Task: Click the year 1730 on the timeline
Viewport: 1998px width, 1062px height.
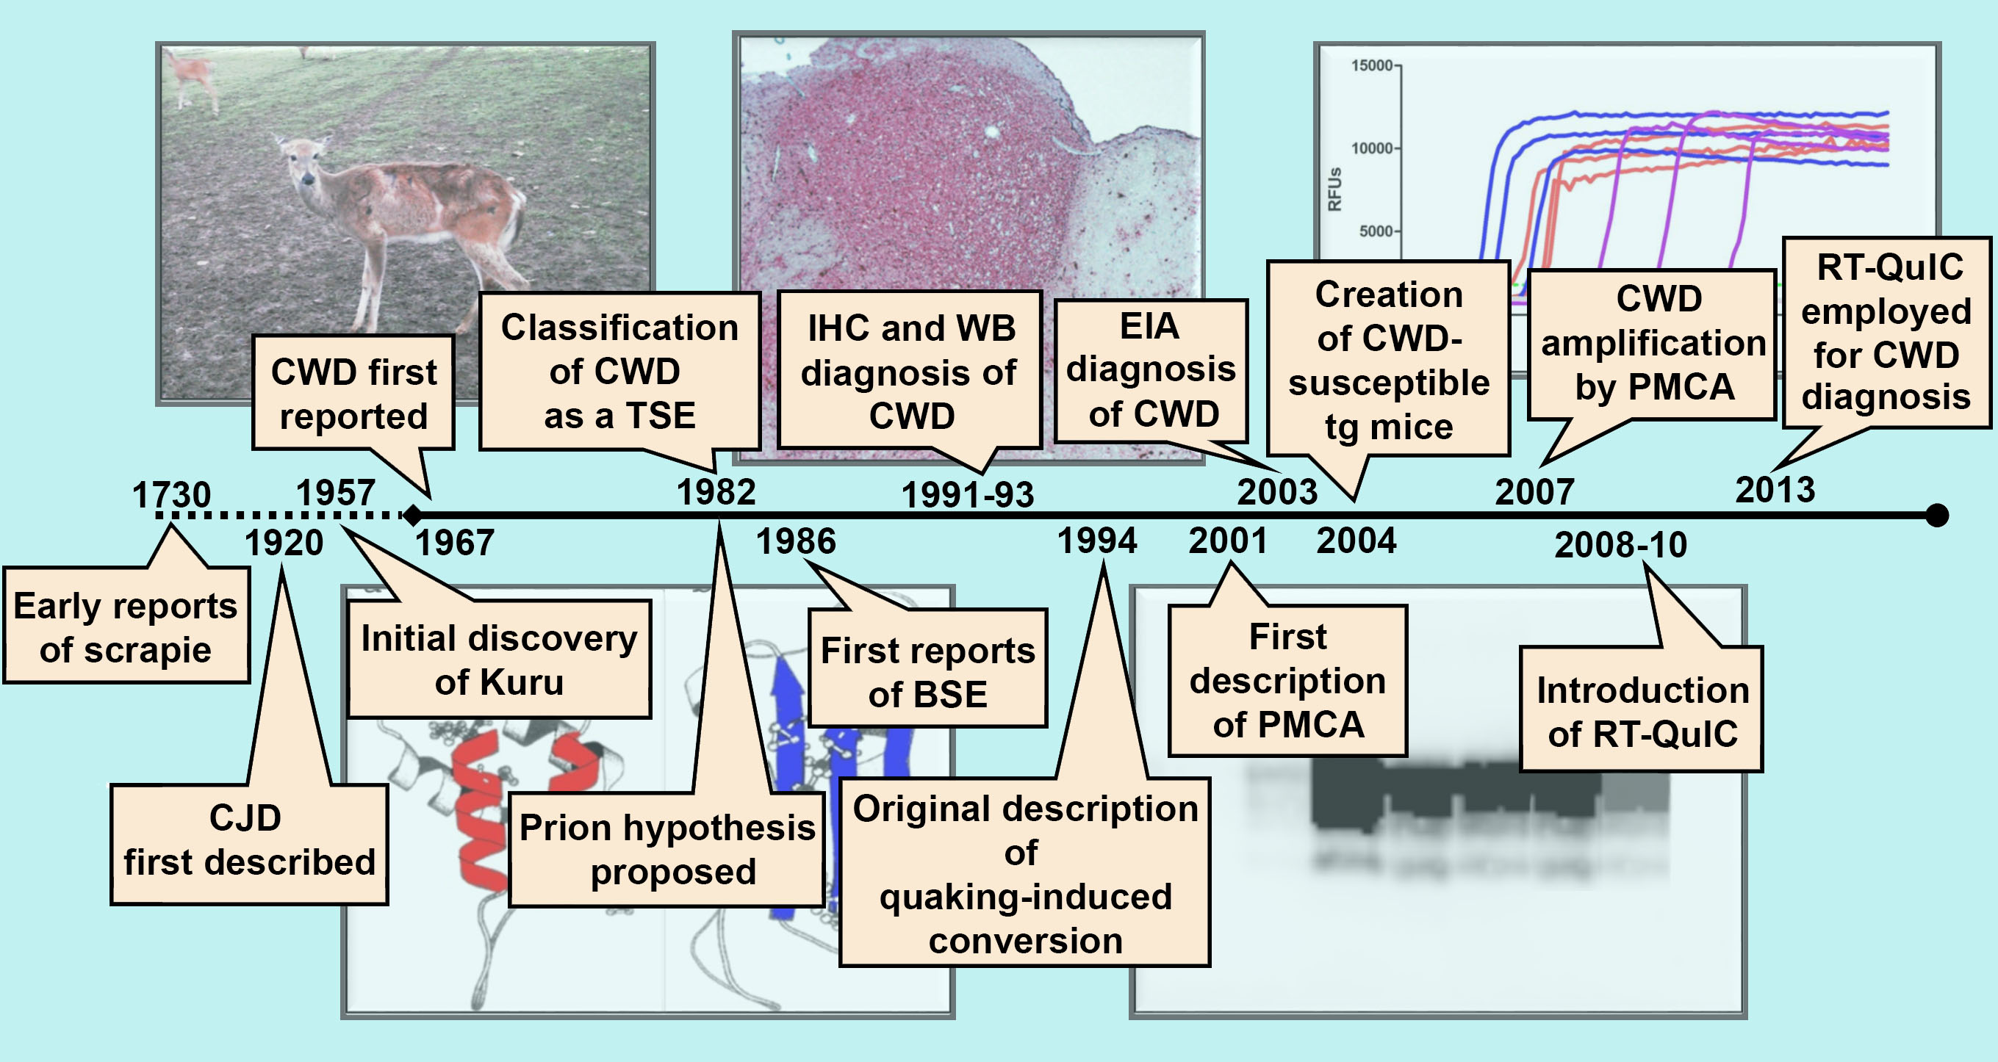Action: point(170,494)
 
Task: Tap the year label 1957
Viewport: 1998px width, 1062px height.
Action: point(335,493)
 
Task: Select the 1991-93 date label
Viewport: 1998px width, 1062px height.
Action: point(967,494)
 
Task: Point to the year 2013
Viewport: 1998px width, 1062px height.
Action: point(1775,490)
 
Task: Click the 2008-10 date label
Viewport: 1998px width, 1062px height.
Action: point(1620,544)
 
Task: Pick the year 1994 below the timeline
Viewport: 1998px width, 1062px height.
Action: point(1096,541)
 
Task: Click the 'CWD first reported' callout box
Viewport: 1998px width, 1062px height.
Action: point(353,394)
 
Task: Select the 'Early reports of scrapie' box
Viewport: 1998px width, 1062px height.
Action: point(126,626)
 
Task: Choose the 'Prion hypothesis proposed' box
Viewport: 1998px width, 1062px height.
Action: point(667,850)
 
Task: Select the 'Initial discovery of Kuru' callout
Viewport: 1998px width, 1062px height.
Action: point(499,660)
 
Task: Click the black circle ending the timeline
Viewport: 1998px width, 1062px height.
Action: point(1937,515)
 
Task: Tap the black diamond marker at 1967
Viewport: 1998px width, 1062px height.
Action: point(413,514)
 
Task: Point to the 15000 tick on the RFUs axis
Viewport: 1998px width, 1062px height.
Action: point(1374,66)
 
